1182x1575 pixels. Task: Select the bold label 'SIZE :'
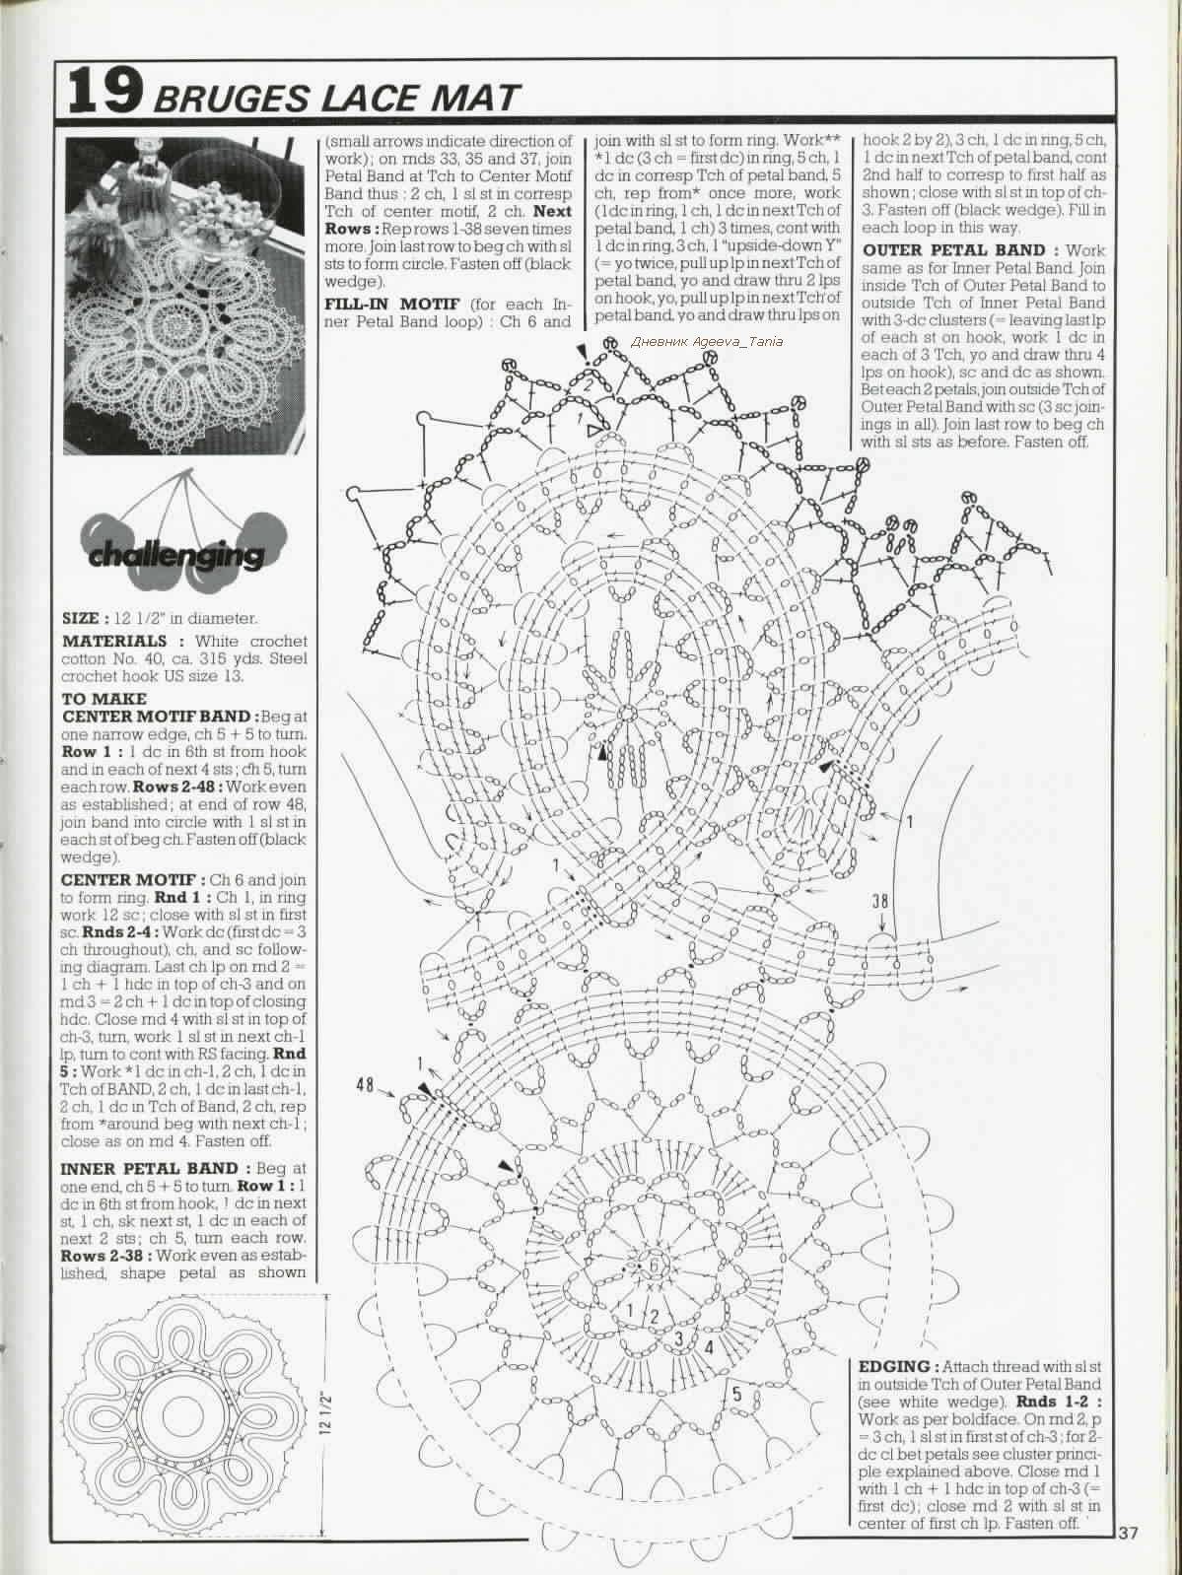coord(85,619)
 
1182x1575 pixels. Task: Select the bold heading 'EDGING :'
coord(899,1367)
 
